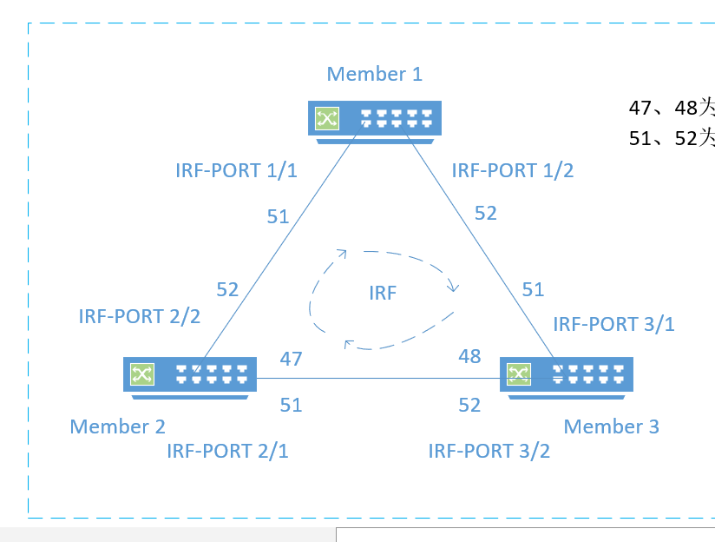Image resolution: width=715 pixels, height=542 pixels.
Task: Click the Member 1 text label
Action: (x=374, y=74)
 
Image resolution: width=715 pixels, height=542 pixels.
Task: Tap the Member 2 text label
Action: (x=117, y=426)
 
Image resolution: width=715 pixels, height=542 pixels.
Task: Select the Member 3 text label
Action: (x=611, y=426)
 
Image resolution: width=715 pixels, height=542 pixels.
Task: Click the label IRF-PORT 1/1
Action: (x=236, y=170)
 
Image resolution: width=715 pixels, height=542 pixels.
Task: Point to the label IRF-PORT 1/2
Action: (x=512, y=170)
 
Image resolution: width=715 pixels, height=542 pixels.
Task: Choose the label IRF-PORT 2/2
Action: (x=139, y=316)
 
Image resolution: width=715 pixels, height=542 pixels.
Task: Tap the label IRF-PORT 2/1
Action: (x=227, y=451)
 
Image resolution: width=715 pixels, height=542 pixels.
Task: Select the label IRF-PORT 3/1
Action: (x=613, y=325)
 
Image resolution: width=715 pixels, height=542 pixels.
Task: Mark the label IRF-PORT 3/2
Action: (x=489, y=451)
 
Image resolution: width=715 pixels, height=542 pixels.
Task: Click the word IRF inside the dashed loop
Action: (x=382, y=294)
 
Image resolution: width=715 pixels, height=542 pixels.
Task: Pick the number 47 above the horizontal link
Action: (x=291, y=358)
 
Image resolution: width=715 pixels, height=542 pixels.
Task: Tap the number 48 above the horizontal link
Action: (x=469, y=356)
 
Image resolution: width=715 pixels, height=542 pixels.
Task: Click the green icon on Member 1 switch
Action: (x=327, y=118)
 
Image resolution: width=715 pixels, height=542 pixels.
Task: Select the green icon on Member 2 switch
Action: (x=141, y=374)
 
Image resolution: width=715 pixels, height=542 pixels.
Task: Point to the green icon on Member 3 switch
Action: (x=519, y=374)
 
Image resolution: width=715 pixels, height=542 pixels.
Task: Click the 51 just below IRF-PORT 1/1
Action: (x=278, y=217)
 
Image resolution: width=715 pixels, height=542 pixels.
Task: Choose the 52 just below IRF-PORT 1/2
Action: (x=485, y=213)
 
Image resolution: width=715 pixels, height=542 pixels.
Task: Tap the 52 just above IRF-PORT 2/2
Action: (x=227, y=290)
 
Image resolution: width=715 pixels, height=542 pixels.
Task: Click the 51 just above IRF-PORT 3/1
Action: (x=532, y=290)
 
